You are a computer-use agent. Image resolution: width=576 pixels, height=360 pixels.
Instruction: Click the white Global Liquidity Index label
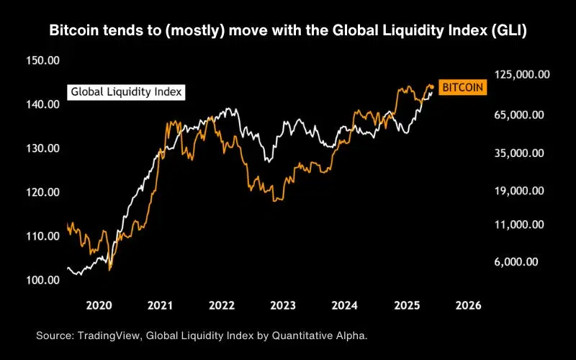click(x=126, y=92)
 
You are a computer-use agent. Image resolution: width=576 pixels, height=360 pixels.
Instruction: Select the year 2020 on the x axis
click(x=99, y=305)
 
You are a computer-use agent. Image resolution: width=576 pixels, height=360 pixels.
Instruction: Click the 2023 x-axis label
click(x=284, y=305)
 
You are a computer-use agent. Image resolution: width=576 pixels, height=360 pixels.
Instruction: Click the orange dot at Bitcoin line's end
click(x=431, y=87)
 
